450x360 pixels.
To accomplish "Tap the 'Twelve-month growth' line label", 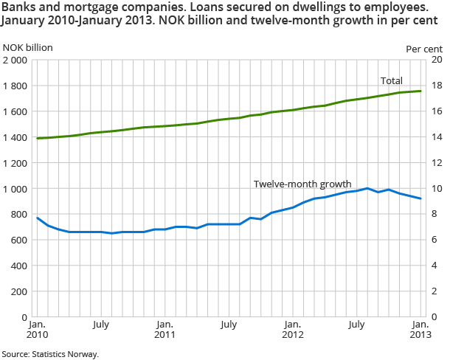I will [x=302, y=184].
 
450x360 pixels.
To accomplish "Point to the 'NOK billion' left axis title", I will [x=27, y=48].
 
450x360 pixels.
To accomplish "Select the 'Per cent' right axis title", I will [x=424, y=48].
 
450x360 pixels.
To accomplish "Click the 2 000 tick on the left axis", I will [x=15, y=60].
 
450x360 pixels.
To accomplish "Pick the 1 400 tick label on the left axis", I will [x=15, y=137].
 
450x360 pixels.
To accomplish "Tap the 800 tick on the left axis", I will [x=20, y=215].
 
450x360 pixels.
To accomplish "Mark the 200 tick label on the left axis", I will [x=20, y=291].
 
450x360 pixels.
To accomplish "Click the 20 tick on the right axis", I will [x=435, y=60].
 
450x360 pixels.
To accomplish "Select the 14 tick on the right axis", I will [x=435, y=137].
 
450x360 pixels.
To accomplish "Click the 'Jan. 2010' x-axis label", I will [x=38, y=330].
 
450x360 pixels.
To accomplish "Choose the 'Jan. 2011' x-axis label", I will [x=165, y=330].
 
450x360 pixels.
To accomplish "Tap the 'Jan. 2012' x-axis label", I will [x=293, y=330].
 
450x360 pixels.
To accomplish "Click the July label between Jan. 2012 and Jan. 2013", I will [x=356, y=324].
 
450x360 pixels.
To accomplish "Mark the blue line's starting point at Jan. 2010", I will [x=38, y=218].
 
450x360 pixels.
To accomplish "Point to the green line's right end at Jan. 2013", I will [x=420, y=91].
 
